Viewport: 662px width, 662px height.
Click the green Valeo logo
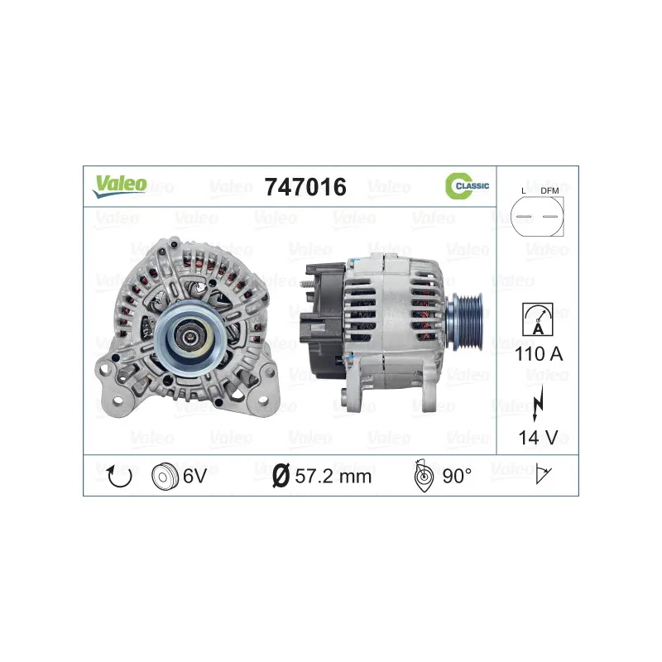120,185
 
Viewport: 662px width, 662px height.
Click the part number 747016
305,187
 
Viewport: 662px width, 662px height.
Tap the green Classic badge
467,185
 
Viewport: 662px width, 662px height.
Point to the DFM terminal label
549,191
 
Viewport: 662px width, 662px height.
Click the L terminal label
524,191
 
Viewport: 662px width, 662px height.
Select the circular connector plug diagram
537,216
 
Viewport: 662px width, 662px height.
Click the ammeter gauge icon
537,319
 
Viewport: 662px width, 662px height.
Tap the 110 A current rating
539,354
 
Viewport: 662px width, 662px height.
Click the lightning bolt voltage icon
538,403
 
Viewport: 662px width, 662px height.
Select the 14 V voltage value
539,438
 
